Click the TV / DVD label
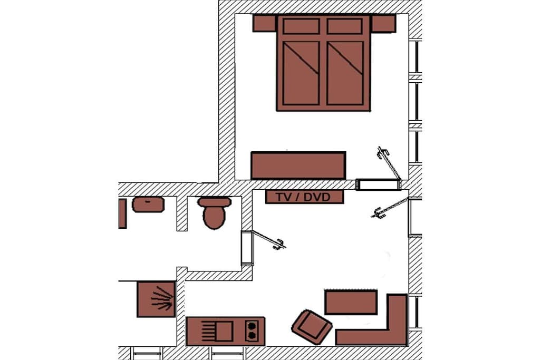tap(303, 197)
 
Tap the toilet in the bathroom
tap(214, 213)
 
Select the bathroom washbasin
tap(148, 205)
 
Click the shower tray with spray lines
tap(157, 299)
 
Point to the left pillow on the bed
tap(301, 26)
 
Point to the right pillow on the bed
tap(345, 26)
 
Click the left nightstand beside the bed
tap(265, 23)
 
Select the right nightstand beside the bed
tap(383, 23)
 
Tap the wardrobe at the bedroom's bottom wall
tap(298, 166)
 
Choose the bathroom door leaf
tap(269, 239)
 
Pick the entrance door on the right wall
tap(390, 208)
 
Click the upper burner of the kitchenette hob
tap(252, 326)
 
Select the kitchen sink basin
tap(224, 331)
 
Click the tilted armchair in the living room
tap(312, 327)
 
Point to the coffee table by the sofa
tap(351, 302)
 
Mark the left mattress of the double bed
tap(301, 73)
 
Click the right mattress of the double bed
tap(345, 73)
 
